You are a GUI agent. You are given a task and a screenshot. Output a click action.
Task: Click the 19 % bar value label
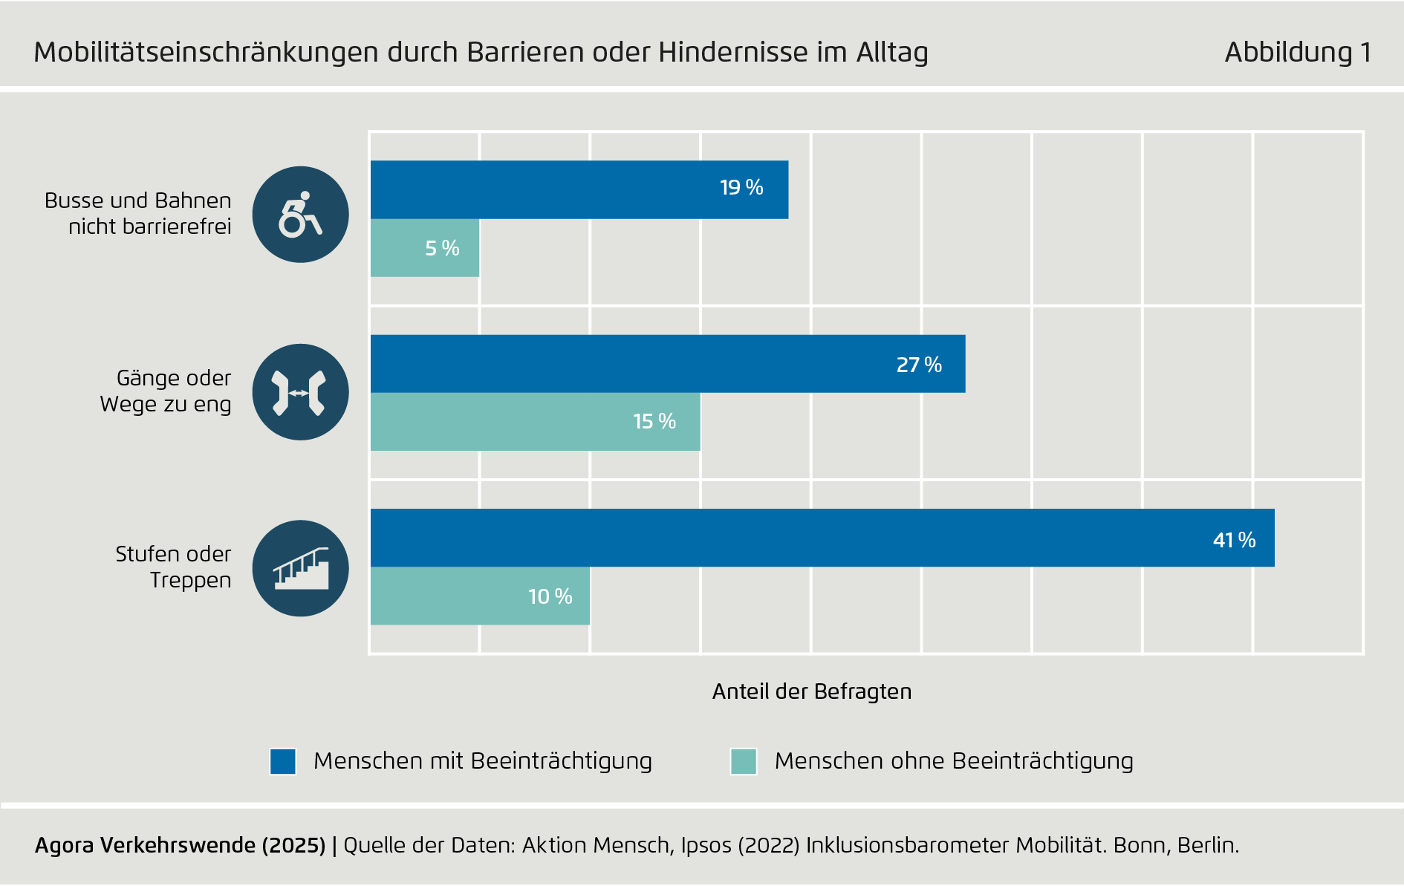741,187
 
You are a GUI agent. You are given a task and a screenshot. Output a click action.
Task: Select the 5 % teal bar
425,248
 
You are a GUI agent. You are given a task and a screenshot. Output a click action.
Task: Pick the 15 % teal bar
535,422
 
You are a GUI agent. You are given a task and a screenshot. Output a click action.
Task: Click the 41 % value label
1234,540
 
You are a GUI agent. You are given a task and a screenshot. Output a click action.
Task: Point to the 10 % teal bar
480,596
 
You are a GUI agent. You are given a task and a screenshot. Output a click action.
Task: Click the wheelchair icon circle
300,215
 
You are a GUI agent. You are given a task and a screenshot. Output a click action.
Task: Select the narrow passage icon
300,392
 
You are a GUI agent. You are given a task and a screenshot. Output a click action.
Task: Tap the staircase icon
300,568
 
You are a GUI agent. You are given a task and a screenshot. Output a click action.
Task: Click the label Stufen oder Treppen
174,567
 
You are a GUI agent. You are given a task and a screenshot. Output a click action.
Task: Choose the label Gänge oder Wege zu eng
166,391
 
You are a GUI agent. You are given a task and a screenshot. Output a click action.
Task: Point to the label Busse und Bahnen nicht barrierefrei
139,213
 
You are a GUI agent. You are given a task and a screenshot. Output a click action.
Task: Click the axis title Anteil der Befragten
811,691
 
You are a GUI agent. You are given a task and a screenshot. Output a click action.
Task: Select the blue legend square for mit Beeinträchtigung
283,761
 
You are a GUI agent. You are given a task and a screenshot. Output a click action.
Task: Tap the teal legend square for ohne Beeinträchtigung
744,761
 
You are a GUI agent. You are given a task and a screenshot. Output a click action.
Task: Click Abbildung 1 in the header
1297,52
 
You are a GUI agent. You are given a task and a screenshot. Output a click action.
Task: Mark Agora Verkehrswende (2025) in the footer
180,845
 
